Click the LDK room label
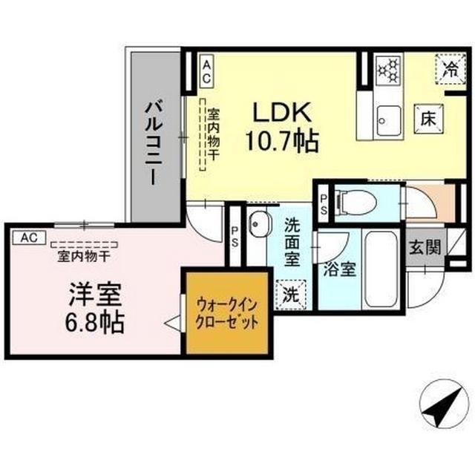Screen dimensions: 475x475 coord(282,111)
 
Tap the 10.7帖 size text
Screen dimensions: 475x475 coord(282,140)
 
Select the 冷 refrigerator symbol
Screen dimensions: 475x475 coord(449,70)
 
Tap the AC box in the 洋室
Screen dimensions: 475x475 coord(28,237)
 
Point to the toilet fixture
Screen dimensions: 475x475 coord(349,200)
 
